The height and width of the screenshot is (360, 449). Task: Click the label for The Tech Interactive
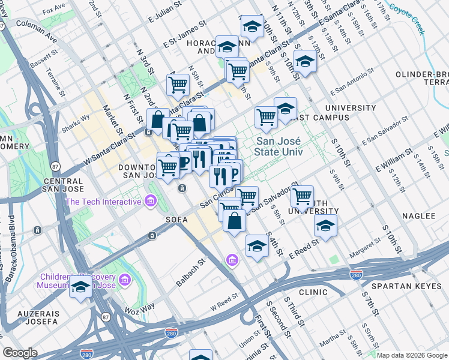pyautogui.click(x=103, y=202)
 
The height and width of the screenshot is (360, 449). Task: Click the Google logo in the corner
pyautogui.click(x=20, y=353)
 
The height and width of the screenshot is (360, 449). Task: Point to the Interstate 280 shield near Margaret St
pyautogui.click(x=356, y=274)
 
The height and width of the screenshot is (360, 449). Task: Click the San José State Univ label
pyautogui.click(x=278, y=147)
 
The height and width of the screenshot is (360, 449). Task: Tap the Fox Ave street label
pyautogui.click(x=54, y=9)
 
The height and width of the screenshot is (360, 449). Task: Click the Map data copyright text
pyautogui.click(x=411, y=355)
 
